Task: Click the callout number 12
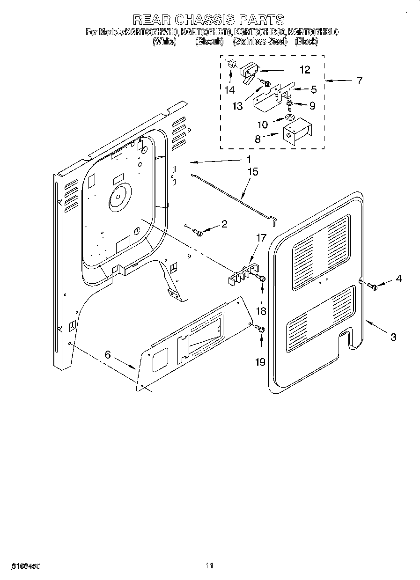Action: (304, 70)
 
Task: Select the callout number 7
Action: (359, 81)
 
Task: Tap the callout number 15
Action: (252, 172)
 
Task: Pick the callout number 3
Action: (393, 337)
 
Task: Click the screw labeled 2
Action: (199, 232)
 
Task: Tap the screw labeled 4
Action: (373, 286)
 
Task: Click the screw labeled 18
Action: (262, 279)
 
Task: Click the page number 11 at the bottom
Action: (209, 565)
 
